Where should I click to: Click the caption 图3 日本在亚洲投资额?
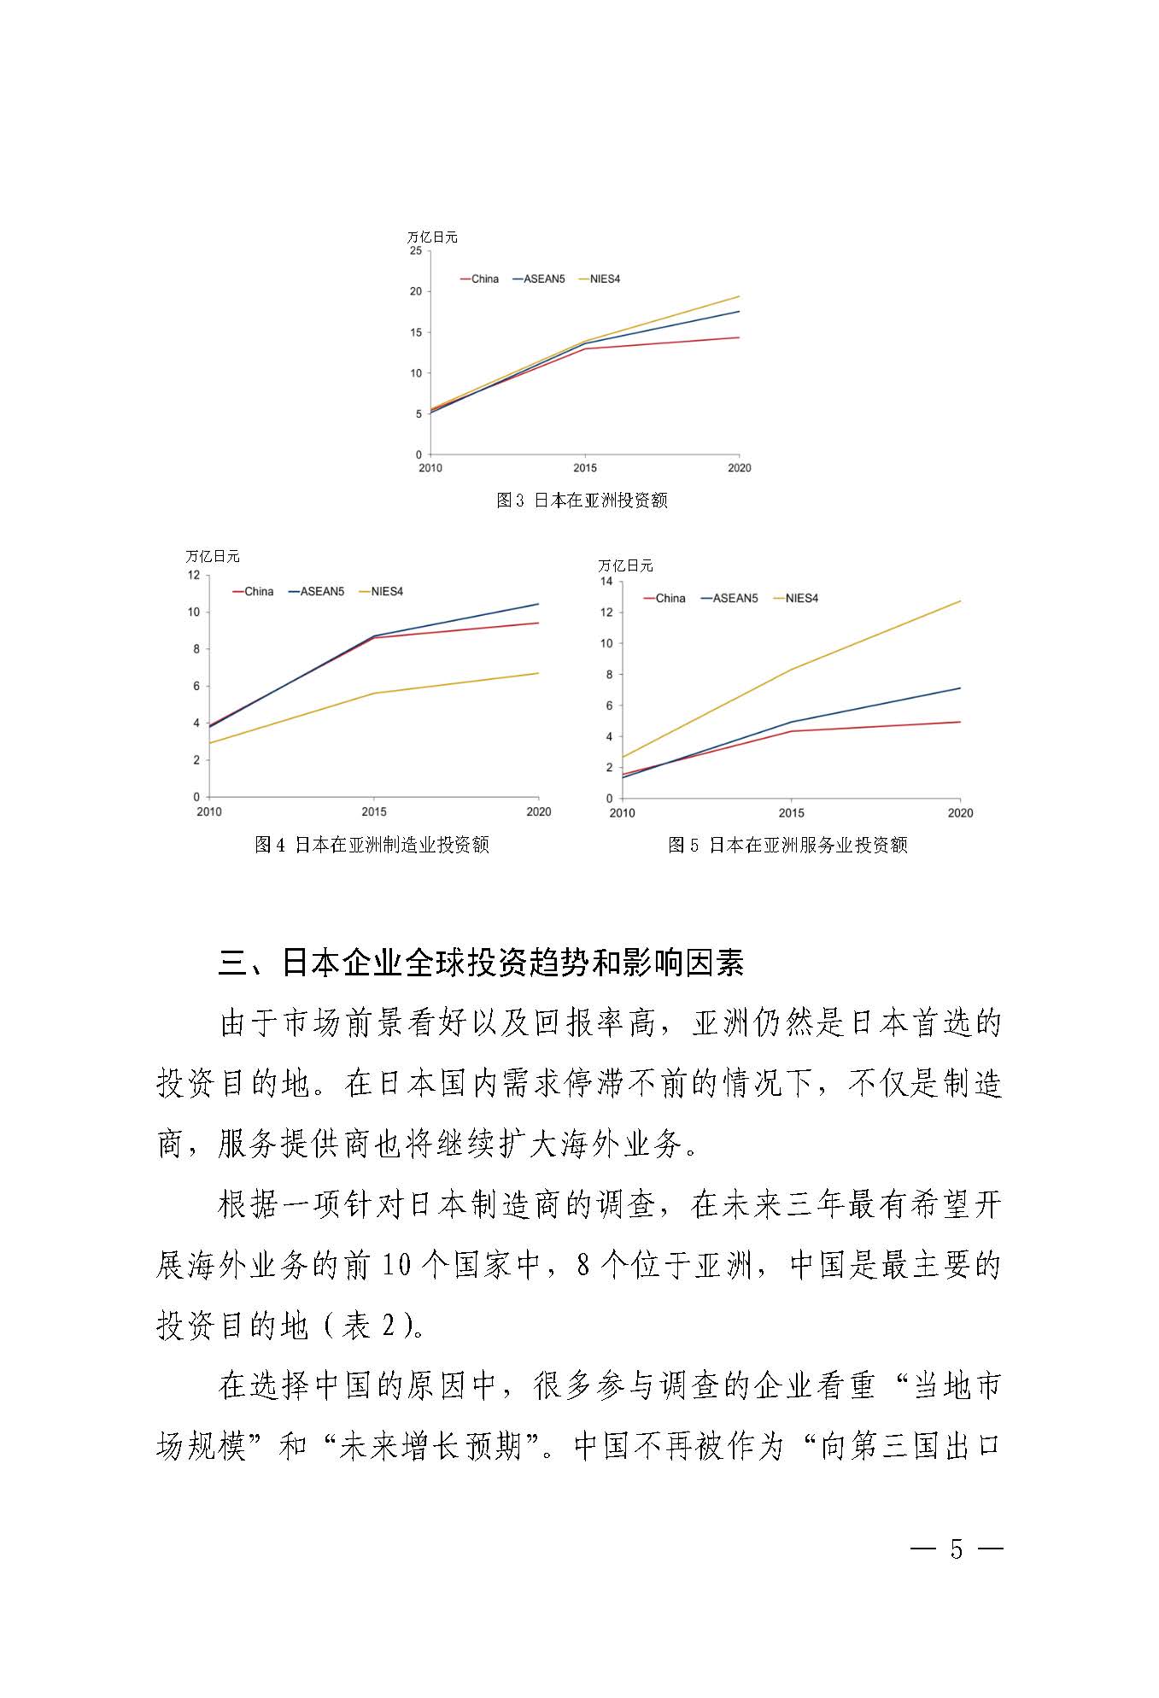point(582,501)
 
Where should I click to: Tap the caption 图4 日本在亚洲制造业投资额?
point(372,845)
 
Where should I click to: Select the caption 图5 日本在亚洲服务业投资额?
point(787,845)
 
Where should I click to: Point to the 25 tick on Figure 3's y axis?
point(415,251)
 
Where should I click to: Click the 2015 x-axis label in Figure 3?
point(585,468)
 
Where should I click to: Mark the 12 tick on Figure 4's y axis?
point(193,575)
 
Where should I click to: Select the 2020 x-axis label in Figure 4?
point(538,811)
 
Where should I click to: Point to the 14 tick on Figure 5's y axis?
point(606,582)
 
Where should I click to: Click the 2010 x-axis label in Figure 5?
point(622,813)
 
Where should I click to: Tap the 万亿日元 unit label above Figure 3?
point(432,237)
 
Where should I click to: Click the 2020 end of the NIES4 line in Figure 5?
point(960,601)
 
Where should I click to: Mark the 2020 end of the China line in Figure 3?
point(739,337)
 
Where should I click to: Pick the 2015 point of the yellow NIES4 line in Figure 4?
point(374,693)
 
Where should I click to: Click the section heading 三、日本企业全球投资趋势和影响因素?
point(481,963)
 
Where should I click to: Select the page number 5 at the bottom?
point(956,1549)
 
